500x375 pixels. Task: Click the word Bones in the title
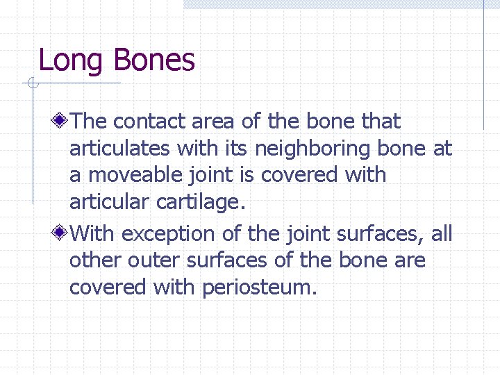tap(154, 60)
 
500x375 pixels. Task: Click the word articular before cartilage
tap(109, 202)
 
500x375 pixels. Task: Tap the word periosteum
tap(260, 287)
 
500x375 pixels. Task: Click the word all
tap(442, 234)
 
